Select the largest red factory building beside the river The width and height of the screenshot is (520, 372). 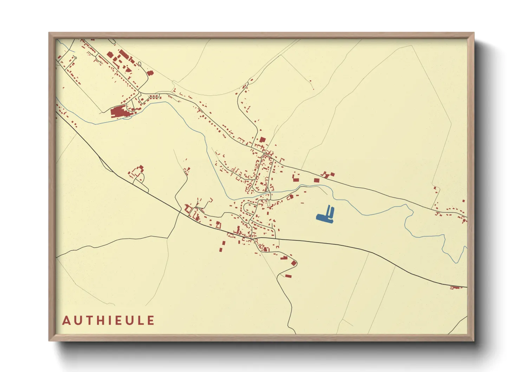pos(119,112)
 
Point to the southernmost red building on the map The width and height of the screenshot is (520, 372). pos(288,276)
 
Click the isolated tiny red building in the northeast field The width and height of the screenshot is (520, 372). pos(310,81)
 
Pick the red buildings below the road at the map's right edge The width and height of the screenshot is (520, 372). pos(456,288)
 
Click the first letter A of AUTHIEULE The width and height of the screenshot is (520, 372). pos(66,321)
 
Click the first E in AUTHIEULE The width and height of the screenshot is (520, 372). pos(116,321)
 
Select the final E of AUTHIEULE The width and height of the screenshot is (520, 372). pos(150,321)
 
